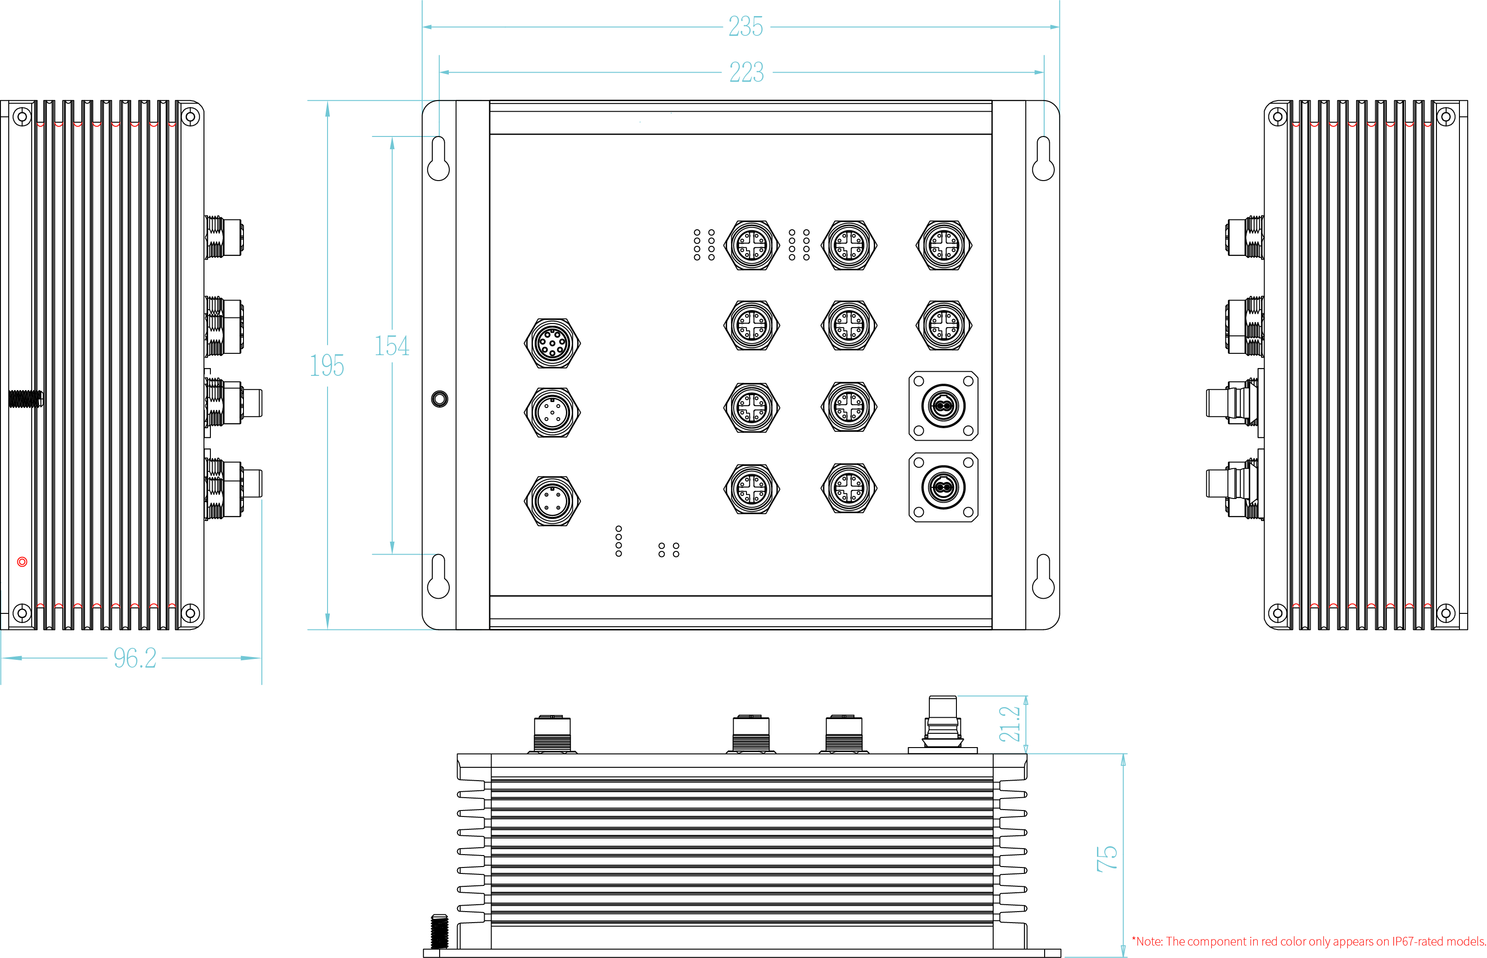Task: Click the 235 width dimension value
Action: [x=746, y=27]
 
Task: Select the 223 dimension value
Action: [x=746, y=72]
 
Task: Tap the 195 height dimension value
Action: [x=327, y=366]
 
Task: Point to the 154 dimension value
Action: [x=392, y=346]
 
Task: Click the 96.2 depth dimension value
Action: [x=135, y=658]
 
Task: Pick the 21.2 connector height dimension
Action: [x=1009, y=724]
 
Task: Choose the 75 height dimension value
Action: [x=1106, y=858]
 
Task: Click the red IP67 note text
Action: [x=1308, y=941]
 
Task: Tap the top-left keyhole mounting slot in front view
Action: [x=438, y=159]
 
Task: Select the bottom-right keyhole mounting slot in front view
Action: [x=1043, y=577]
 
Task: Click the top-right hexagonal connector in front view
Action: [x=944, y=245]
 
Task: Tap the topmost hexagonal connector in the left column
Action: [x=552, y=343]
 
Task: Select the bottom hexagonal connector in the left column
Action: [x=552, y=501]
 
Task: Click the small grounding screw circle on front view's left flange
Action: [x=439, y=399]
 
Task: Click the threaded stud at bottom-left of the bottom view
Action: [x=439, y=931]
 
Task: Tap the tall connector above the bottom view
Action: [x=942, y=722]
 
